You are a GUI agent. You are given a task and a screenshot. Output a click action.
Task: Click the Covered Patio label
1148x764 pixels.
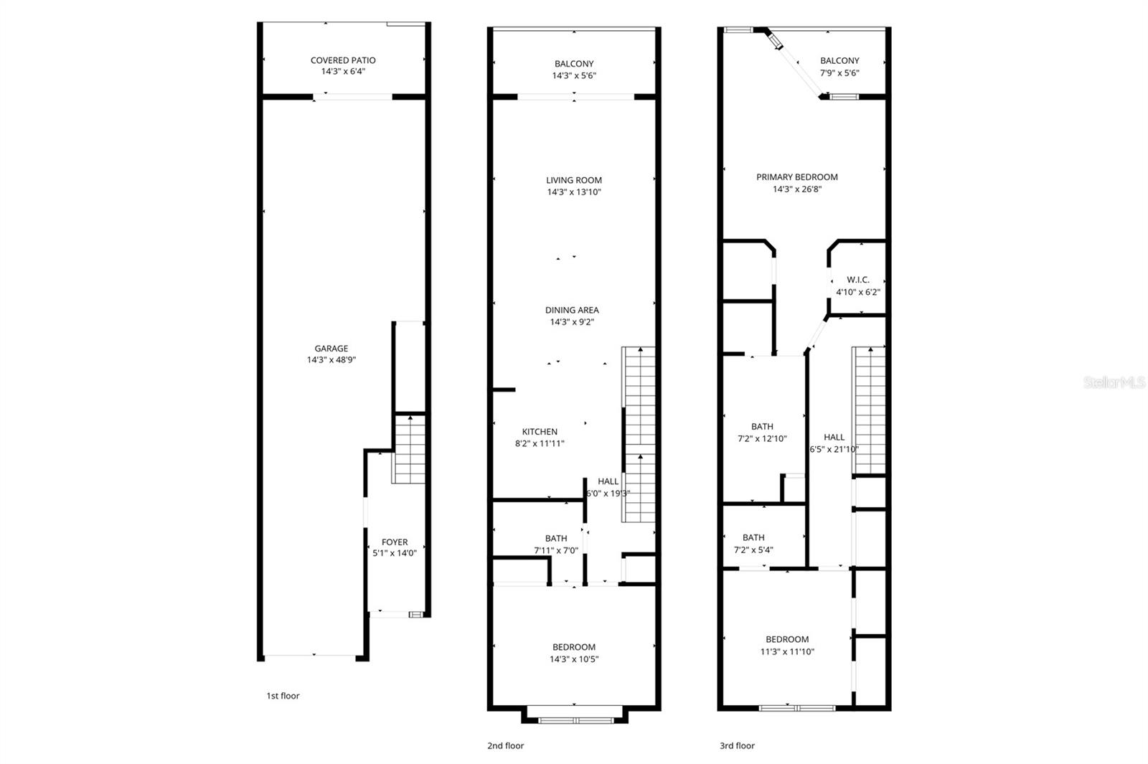343,60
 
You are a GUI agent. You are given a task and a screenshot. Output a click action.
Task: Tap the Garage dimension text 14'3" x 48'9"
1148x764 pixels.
331,360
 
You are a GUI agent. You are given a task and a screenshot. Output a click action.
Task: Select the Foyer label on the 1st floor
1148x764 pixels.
395,542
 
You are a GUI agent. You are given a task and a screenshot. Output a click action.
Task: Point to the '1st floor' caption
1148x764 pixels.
283,696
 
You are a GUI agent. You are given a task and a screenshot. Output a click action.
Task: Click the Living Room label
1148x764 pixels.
574,180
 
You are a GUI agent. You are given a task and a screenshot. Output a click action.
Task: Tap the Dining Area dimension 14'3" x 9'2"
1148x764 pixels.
572,322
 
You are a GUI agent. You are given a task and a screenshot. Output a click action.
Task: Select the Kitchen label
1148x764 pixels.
540,432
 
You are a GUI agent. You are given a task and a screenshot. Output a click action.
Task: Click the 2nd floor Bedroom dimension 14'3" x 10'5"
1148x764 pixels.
574,659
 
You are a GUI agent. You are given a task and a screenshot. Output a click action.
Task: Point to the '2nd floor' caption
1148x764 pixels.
505,745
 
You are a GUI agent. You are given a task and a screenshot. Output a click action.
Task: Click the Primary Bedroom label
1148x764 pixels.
796,177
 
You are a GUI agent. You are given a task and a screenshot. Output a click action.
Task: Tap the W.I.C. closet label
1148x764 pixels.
858,280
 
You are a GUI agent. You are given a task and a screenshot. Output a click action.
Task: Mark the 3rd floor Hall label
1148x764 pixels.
834,437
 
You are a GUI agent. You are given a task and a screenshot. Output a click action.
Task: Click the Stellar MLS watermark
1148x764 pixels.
1114,383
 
